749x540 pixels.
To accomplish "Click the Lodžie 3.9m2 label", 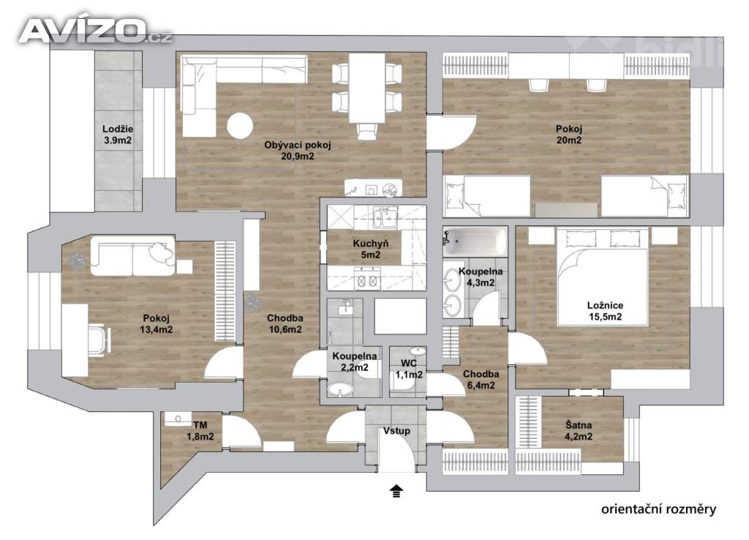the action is pos(118,135).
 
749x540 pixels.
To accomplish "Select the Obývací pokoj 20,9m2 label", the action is pos(298,150).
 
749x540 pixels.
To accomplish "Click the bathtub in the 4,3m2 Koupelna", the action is pos(475,241).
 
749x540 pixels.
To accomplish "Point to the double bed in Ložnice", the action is pos(603,276).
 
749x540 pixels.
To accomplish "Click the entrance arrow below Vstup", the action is pos(396,491).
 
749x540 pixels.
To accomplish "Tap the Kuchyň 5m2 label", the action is pos(371,249).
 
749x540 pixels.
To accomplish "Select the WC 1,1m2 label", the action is pos(409,369).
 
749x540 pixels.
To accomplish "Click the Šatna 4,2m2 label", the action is pos(579,430).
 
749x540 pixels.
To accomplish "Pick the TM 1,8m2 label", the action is pos(200,430).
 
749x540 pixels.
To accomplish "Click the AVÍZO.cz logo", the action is pos(96,30).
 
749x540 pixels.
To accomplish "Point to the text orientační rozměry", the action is pos(659,509).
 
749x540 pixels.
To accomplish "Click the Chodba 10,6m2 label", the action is pos(285,323).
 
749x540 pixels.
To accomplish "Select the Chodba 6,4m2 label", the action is pos(481,380).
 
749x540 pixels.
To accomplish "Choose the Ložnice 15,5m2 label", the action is pos(605,311).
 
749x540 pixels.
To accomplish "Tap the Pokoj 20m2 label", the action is pos(569,135).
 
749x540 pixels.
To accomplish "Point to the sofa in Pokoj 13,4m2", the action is pos(132,255).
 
